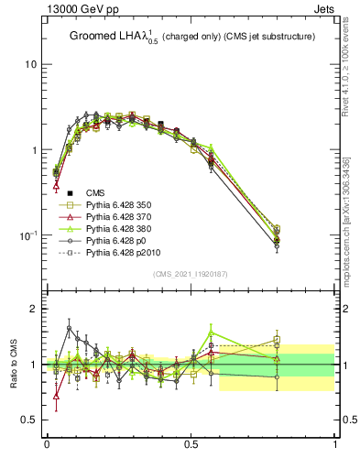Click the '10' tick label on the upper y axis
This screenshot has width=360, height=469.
click(x=30, y=64)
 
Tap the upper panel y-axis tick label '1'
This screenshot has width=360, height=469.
click(x=33, y=149)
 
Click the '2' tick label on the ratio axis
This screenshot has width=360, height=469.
click(x=33, y=310)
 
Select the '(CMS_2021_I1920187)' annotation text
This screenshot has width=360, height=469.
click(x=191, y=274)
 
